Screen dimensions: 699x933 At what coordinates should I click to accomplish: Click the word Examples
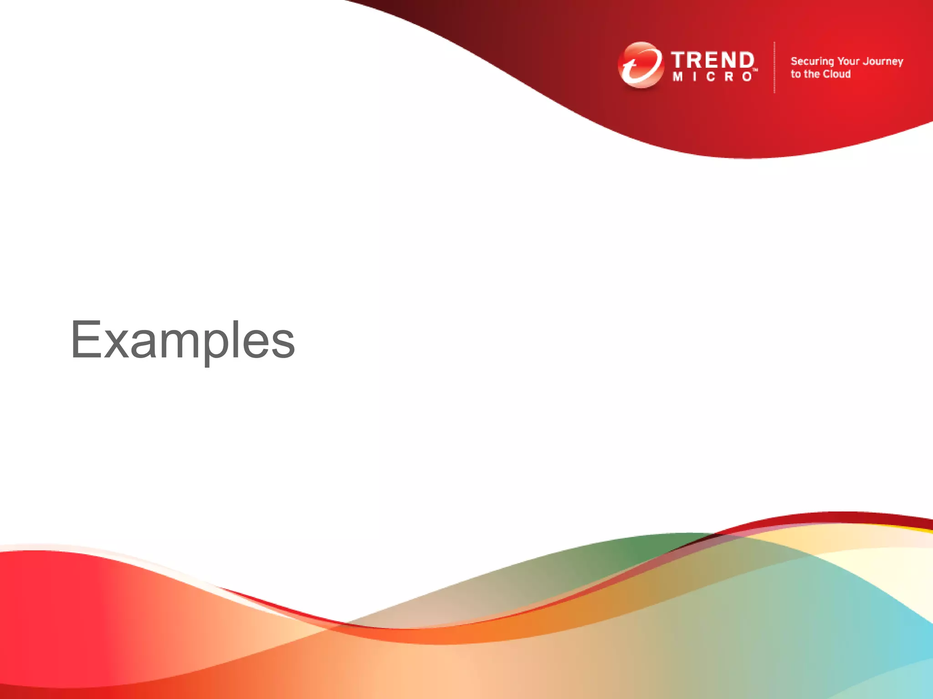[183, 340]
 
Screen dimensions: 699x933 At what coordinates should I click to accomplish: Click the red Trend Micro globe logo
[640, 65]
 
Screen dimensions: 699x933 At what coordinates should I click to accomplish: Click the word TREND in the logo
[713, 61]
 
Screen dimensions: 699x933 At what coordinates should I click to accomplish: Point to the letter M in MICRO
[677, 77]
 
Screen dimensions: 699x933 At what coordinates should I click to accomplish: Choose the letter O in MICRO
[747, 77]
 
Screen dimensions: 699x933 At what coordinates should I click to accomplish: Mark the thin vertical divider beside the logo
[774, 67]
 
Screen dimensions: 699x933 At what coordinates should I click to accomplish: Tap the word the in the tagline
[812, 74]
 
